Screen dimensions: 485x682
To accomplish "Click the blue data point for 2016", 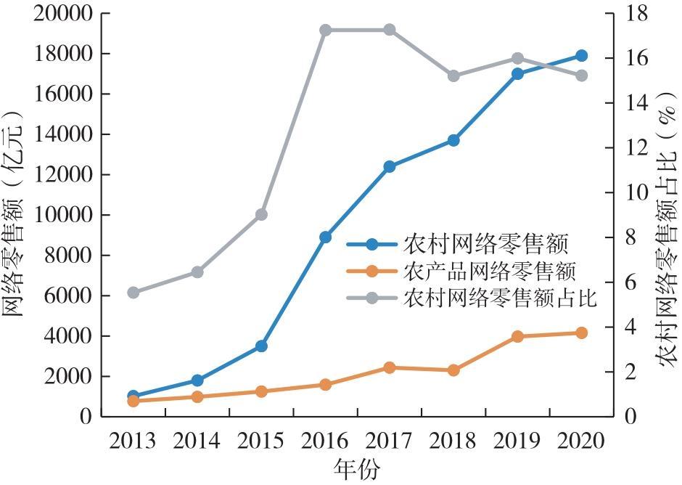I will [x=325, y=237].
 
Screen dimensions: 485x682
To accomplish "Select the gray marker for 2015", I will [x=261, y=215].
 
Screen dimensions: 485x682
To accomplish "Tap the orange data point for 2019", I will [x=517, y=337].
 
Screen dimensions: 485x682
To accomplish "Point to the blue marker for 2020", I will [x=581, y=56].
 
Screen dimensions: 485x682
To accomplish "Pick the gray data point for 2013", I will [x=133, y=293].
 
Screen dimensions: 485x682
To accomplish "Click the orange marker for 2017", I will [x=390, y=367].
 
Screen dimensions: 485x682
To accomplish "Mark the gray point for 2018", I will [x=453, y=76].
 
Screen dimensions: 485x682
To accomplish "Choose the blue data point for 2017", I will [x=390, y=167].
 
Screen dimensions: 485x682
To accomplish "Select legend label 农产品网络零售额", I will [x=489, y=272].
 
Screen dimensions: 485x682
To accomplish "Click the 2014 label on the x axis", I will [x=197, y=441].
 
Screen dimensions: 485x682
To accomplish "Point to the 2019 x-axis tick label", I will [x=517, y=441].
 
